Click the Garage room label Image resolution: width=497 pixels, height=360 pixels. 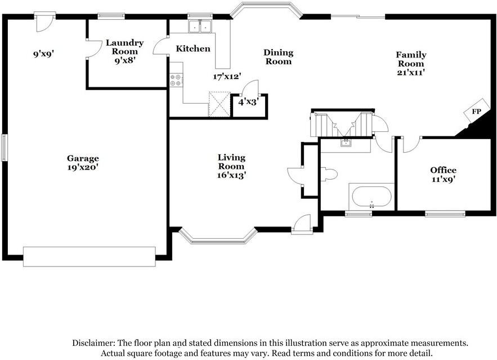[x=83, y=158]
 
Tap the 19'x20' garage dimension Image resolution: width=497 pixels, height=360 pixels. [x=83, y=167]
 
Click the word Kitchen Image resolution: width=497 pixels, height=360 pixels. [x=193, y=49]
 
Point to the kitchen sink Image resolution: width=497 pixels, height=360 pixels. [x=199, y=26]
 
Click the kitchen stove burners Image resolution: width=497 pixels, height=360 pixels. [x=176, y=80]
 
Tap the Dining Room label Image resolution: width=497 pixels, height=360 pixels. [x=279, y=57]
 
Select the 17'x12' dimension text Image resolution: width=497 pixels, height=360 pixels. [x=227, y=76]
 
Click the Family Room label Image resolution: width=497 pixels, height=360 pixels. [x=411, y=59]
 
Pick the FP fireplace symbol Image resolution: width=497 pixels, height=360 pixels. [x=476, y=112]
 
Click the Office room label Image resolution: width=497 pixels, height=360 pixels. [x=443, y=170]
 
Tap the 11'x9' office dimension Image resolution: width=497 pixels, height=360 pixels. [x=443, y=179]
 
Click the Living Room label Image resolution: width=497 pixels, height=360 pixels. [x=231, y=162]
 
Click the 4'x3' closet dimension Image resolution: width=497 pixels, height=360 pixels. [x=248, y=103]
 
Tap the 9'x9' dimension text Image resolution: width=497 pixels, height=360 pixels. [x=43, y=55]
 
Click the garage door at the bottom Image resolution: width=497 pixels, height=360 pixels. [x=89, y=256]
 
